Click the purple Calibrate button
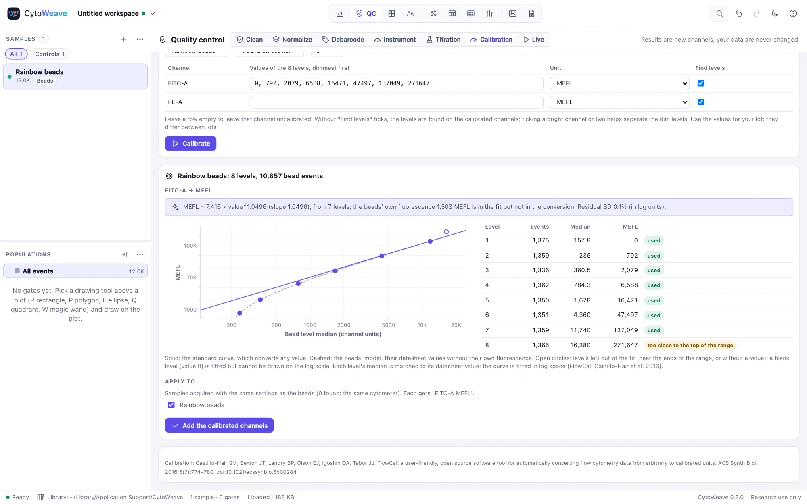tap(190, 144)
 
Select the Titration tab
tap(443, 40)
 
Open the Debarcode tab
tap(343, 40)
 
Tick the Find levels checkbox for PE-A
tap(701, 102)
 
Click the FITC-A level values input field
tap(396, 83)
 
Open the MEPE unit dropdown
tap(619, 102)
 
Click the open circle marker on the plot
tap(446, 232)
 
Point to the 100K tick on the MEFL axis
tap(190, 246)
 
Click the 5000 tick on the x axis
tap(389, 325)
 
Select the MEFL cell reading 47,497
tap(627, 315)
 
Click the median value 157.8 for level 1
tap(582, 240)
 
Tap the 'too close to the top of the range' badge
tap(690, 345)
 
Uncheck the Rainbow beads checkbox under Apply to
tap(171, 405)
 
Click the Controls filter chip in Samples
tap(50, 54)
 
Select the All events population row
tap(75, 271)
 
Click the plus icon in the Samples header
tap(124, 39)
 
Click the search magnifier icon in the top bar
tap(719, 13)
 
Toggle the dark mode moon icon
tap(775, 13)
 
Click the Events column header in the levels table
tap(539, 227)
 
